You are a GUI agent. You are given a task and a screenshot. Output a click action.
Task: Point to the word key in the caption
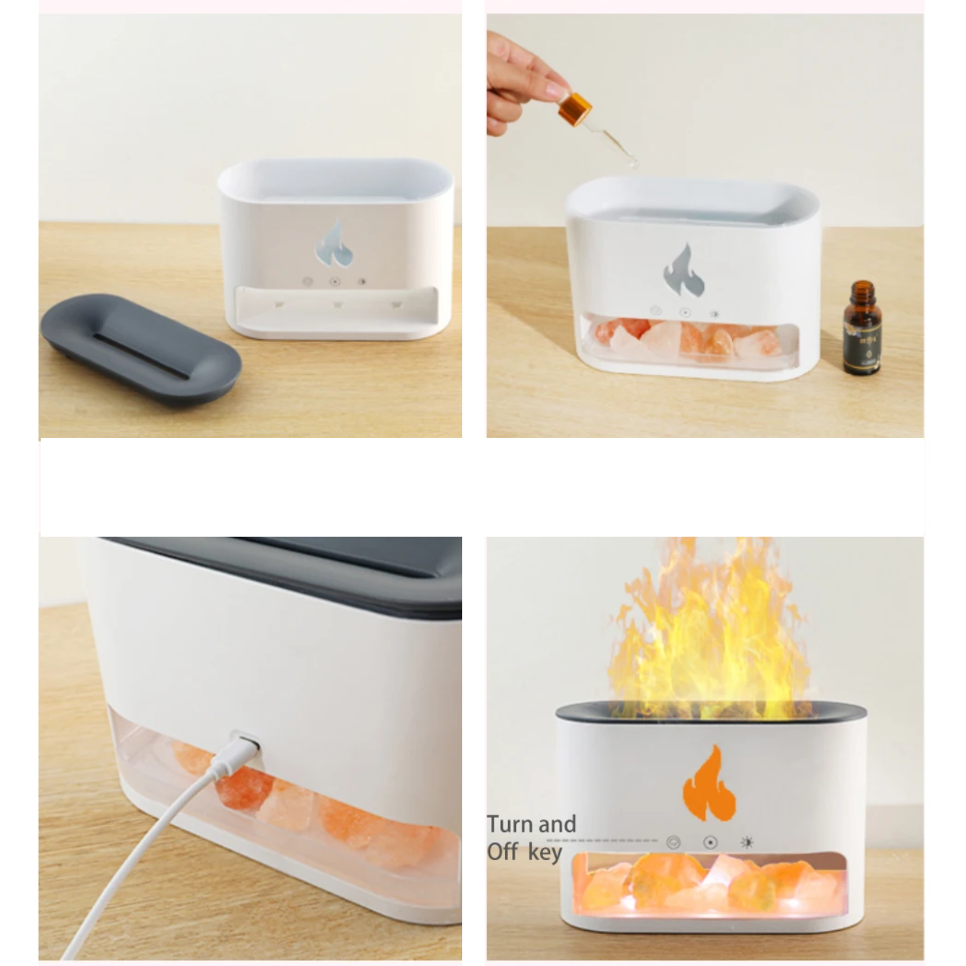tap(546, 853)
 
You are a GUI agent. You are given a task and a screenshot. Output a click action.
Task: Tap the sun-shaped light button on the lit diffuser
tap(747, 842)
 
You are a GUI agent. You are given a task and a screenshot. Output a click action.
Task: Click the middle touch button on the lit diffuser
tap(710, 842)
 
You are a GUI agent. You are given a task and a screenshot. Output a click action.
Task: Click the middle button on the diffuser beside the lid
tap(334, 282)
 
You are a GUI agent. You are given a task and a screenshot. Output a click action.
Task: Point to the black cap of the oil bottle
tap(861, 294)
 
